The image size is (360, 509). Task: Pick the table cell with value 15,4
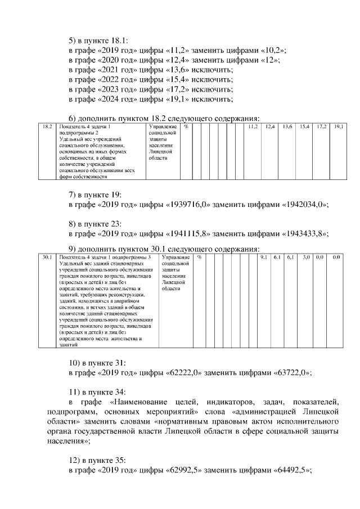[304, 128]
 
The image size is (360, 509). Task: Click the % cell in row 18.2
[186, 128]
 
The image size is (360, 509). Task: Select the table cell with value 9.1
[263, 258]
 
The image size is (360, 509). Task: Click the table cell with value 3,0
[307, 258]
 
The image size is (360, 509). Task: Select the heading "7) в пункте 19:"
[95, 195]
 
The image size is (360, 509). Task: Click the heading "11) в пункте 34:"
[97, 391]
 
